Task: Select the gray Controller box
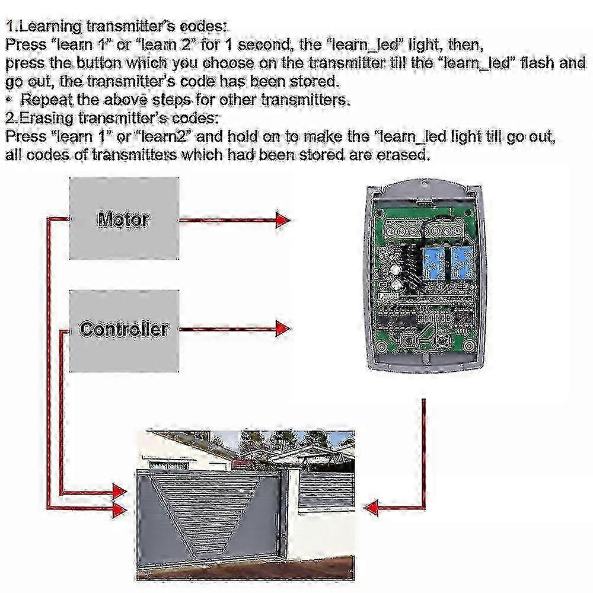(x=124, y=330)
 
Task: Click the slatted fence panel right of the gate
(x=326, y=486)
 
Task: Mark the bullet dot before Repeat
(x=9, y=99)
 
